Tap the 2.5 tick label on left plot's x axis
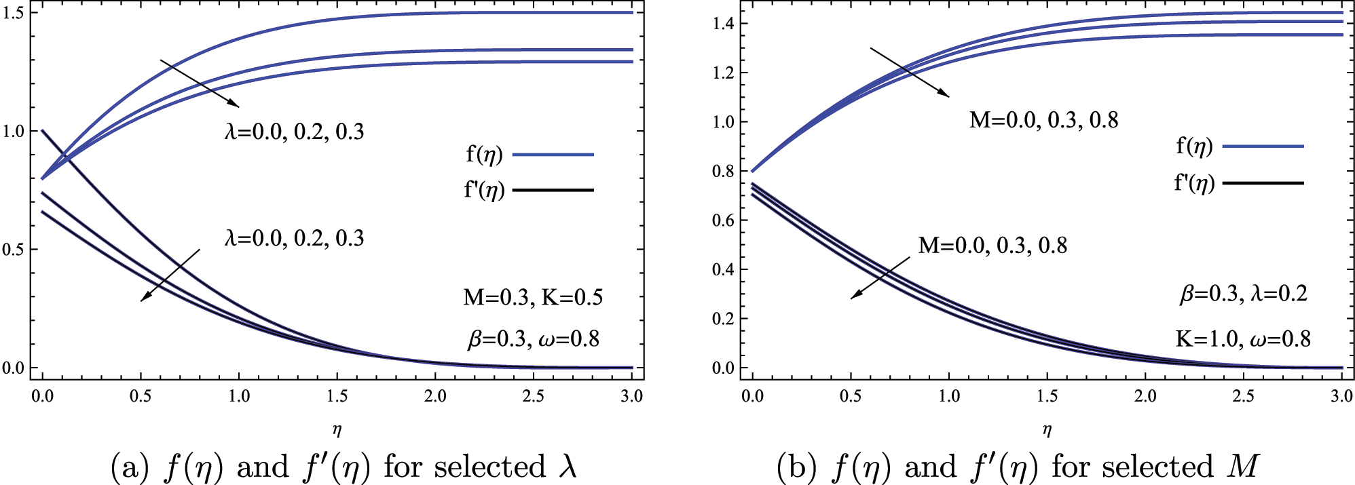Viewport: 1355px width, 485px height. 533,396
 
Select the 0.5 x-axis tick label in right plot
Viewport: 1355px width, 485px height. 850,396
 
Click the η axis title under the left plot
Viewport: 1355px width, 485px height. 337,429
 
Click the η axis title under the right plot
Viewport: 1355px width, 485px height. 1047,429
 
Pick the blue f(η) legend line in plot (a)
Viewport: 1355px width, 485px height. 553,155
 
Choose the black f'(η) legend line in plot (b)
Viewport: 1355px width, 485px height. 1262,183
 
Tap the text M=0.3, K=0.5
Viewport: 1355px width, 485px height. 533,297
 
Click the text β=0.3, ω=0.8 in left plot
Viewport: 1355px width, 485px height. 533,338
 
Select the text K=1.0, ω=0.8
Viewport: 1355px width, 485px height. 1242,338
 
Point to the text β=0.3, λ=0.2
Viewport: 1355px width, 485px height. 1242,294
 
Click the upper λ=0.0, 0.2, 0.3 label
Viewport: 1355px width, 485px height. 294,131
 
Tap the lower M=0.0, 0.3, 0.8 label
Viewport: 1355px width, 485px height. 992,245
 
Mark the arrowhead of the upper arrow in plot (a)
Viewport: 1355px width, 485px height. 235,104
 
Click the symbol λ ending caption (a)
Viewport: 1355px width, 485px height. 566,467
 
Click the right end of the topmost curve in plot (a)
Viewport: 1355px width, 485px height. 631,12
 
